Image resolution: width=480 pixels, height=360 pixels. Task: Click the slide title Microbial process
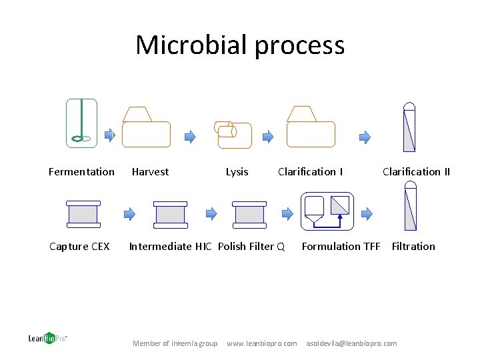click(240, 45)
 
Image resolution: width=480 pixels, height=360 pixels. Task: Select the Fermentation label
click(81, 172)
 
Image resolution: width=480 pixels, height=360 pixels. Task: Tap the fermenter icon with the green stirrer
click(81, 123)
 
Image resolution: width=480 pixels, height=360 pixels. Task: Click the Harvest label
click(150, 172)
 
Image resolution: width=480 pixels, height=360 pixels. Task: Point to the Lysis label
click(237, 172)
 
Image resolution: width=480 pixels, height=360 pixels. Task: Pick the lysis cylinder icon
click(233, 134)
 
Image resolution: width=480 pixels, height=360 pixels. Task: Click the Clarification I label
click(310, 172)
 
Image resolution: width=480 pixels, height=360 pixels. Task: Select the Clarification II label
click(416, 172)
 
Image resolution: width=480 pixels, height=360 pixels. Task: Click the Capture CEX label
click(79, 247)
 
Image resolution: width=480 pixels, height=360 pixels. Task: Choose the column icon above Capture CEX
click(83, 214)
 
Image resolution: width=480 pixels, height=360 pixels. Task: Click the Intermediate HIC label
click(170, 247)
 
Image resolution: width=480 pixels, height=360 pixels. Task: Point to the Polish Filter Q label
click(251, 247)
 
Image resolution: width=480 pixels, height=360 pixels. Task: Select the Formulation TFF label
click(341, 247)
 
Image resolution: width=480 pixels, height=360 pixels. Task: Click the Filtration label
click(413, 247)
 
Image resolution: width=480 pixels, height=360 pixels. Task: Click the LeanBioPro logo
click(47, 338)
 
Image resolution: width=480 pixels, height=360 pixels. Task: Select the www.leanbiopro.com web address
click(262, 343)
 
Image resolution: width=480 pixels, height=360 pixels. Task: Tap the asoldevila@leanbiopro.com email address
click(351, 343)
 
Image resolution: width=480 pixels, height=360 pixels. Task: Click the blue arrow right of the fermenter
click(110, 135)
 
